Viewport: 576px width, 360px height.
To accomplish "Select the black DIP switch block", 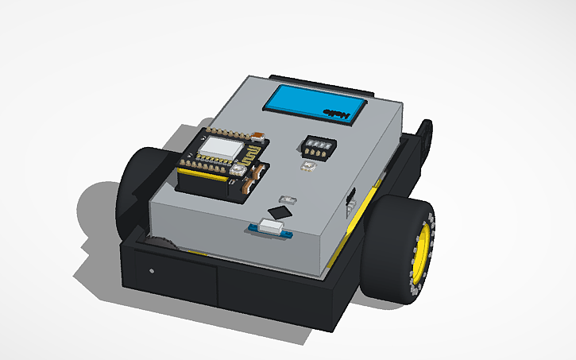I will tap(317, 145).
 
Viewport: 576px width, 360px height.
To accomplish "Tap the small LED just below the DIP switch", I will tap(308, 166).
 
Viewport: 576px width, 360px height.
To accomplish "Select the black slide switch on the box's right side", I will tap(351, 199).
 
